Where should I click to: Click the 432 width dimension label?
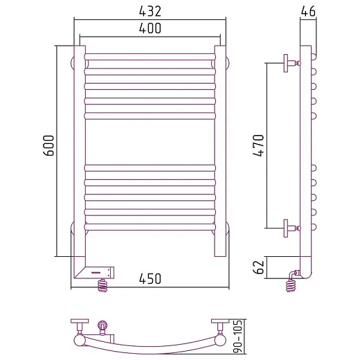(x=150, y=11)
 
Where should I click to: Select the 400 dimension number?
(x=150, y=28)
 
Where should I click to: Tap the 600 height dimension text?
(x=48, y=145)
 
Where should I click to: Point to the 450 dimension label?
(x=150, y=278)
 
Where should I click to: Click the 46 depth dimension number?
(x=308, y=11)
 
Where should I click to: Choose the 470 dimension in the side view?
(x=258, y=145)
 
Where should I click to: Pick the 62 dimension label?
(x=258, y=267)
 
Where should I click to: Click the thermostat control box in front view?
(x=99, y=273)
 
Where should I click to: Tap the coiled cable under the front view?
(x=103, y=285)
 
